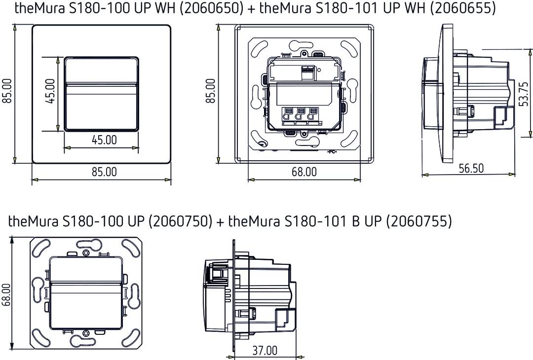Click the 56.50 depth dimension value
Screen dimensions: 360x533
471,168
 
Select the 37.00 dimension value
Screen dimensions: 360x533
265,351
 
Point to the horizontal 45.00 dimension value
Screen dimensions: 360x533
104,140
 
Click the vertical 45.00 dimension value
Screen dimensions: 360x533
50,93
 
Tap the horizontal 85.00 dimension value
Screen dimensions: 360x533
104,172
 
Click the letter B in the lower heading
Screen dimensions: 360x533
355,221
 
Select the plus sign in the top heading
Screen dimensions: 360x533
251,9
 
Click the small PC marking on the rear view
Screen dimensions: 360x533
331,151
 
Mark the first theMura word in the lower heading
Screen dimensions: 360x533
34,221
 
